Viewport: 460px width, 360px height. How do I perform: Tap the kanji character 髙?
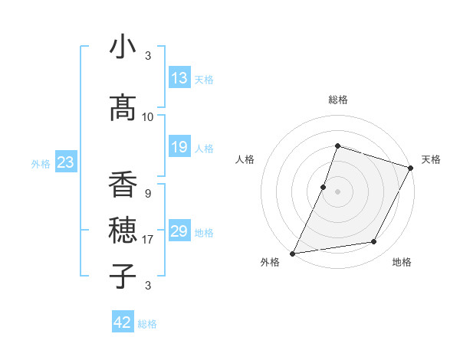[123, 109]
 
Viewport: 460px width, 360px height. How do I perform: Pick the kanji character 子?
[123, 276]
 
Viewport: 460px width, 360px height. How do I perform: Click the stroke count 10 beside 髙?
[148, 117]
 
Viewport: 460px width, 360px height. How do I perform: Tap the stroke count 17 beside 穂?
[148, 240]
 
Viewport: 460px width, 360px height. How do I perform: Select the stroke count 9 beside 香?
[147, 194]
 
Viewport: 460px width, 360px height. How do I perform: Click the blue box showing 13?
[179, 78]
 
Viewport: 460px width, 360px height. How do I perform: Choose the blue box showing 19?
[179, 147]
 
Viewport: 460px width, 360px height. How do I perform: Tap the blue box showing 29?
[179, 231]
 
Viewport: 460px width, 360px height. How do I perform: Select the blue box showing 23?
[65, 162]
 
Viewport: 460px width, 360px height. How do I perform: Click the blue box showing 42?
[123, 322]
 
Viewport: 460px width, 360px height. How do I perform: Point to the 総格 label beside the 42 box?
[147, 324]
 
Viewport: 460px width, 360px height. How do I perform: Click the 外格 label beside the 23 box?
[40, 163]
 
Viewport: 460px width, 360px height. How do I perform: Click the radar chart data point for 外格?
[292, 253]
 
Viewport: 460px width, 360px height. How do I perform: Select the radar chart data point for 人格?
[324, 187]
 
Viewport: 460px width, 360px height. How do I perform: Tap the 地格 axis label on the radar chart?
[402, 263]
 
